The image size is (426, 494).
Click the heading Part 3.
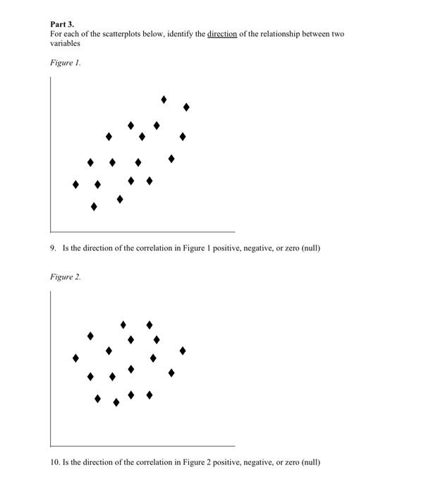62,24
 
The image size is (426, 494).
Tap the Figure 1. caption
66,63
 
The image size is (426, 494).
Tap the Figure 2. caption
66,277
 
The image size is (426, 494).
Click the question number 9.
53,248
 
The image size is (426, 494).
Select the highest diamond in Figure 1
164,100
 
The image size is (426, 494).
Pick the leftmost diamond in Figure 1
75,184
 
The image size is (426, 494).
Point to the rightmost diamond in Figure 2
183,350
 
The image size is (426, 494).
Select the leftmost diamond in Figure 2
75,358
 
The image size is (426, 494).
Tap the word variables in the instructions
64,43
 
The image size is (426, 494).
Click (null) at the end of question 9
310,248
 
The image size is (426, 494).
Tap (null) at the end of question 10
310,462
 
